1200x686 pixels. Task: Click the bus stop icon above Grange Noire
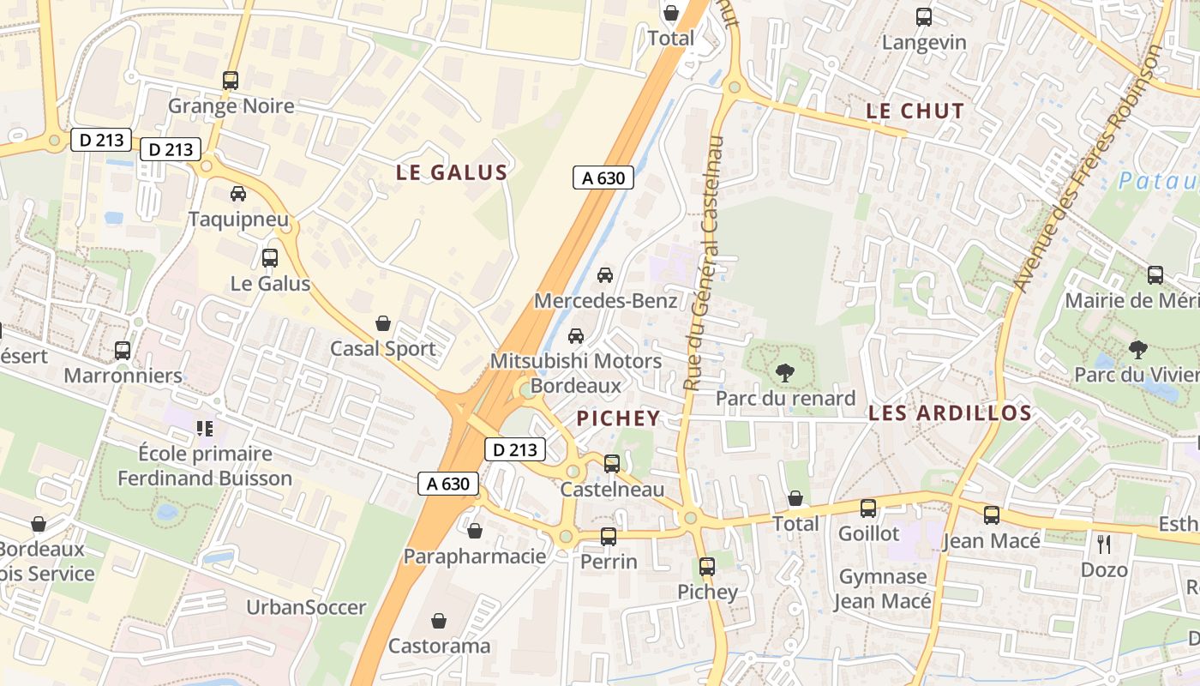[230, 81]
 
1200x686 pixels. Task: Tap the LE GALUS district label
[452, 172]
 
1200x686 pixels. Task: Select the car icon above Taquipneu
[238, 194]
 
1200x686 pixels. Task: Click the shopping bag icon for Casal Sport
[383, 323]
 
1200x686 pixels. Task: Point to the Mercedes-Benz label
[605, 301]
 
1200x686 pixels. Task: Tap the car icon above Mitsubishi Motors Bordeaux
[576, 335]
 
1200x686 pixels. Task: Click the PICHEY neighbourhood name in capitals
[618, 418]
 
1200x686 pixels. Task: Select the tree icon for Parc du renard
[784, 373]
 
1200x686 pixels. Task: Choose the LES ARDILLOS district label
[950, 413]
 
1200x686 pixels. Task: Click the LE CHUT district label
[915, 111]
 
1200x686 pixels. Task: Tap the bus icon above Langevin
[924, 16]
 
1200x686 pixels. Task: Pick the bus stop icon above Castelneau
[612, 463]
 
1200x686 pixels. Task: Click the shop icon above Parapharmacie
[475, 531]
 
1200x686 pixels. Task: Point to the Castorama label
[439, 646]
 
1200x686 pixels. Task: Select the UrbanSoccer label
[306, 607]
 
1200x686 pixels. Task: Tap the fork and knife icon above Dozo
[1104, 544]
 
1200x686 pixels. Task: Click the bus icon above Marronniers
[123, 350]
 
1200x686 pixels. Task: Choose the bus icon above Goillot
[868, 508]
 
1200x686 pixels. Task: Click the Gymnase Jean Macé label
[883, 588]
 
